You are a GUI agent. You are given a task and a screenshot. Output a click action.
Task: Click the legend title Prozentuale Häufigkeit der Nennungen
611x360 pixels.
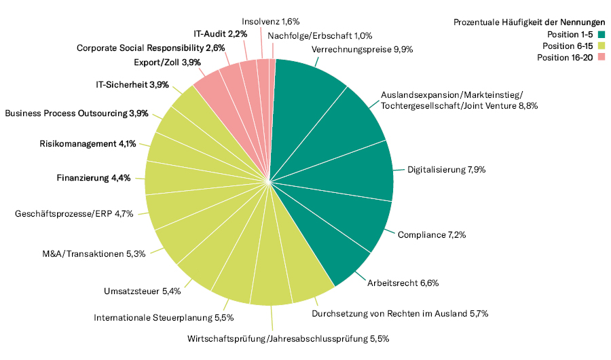coord(529,22)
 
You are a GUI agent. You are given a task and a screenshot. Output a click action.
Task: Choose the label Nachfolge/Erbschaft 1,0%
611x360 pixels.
coord(319,36)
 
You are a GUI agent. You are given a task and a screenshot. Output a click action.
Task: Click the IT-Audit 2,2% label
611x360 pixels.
coord(220,33)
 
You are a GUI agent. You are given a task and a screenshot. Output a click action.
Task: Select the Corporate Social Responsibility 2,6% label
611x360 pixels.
coord(150,48)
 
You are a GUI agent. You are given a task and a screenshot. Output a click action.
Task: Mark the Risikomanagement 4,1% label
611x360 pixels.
coord(88,143)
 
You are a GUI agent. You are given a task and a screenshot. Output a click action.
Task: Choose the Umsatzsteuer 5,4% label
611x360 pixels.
coord(142,291)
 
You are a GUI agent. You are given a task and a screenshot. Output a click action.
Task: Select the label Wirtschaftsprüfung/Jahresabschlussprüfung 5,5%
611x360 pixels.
coord(287,338)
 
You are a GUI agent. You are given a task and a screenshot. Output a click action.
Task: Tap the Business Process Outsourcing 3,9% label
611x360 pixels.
coord(76,113)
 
